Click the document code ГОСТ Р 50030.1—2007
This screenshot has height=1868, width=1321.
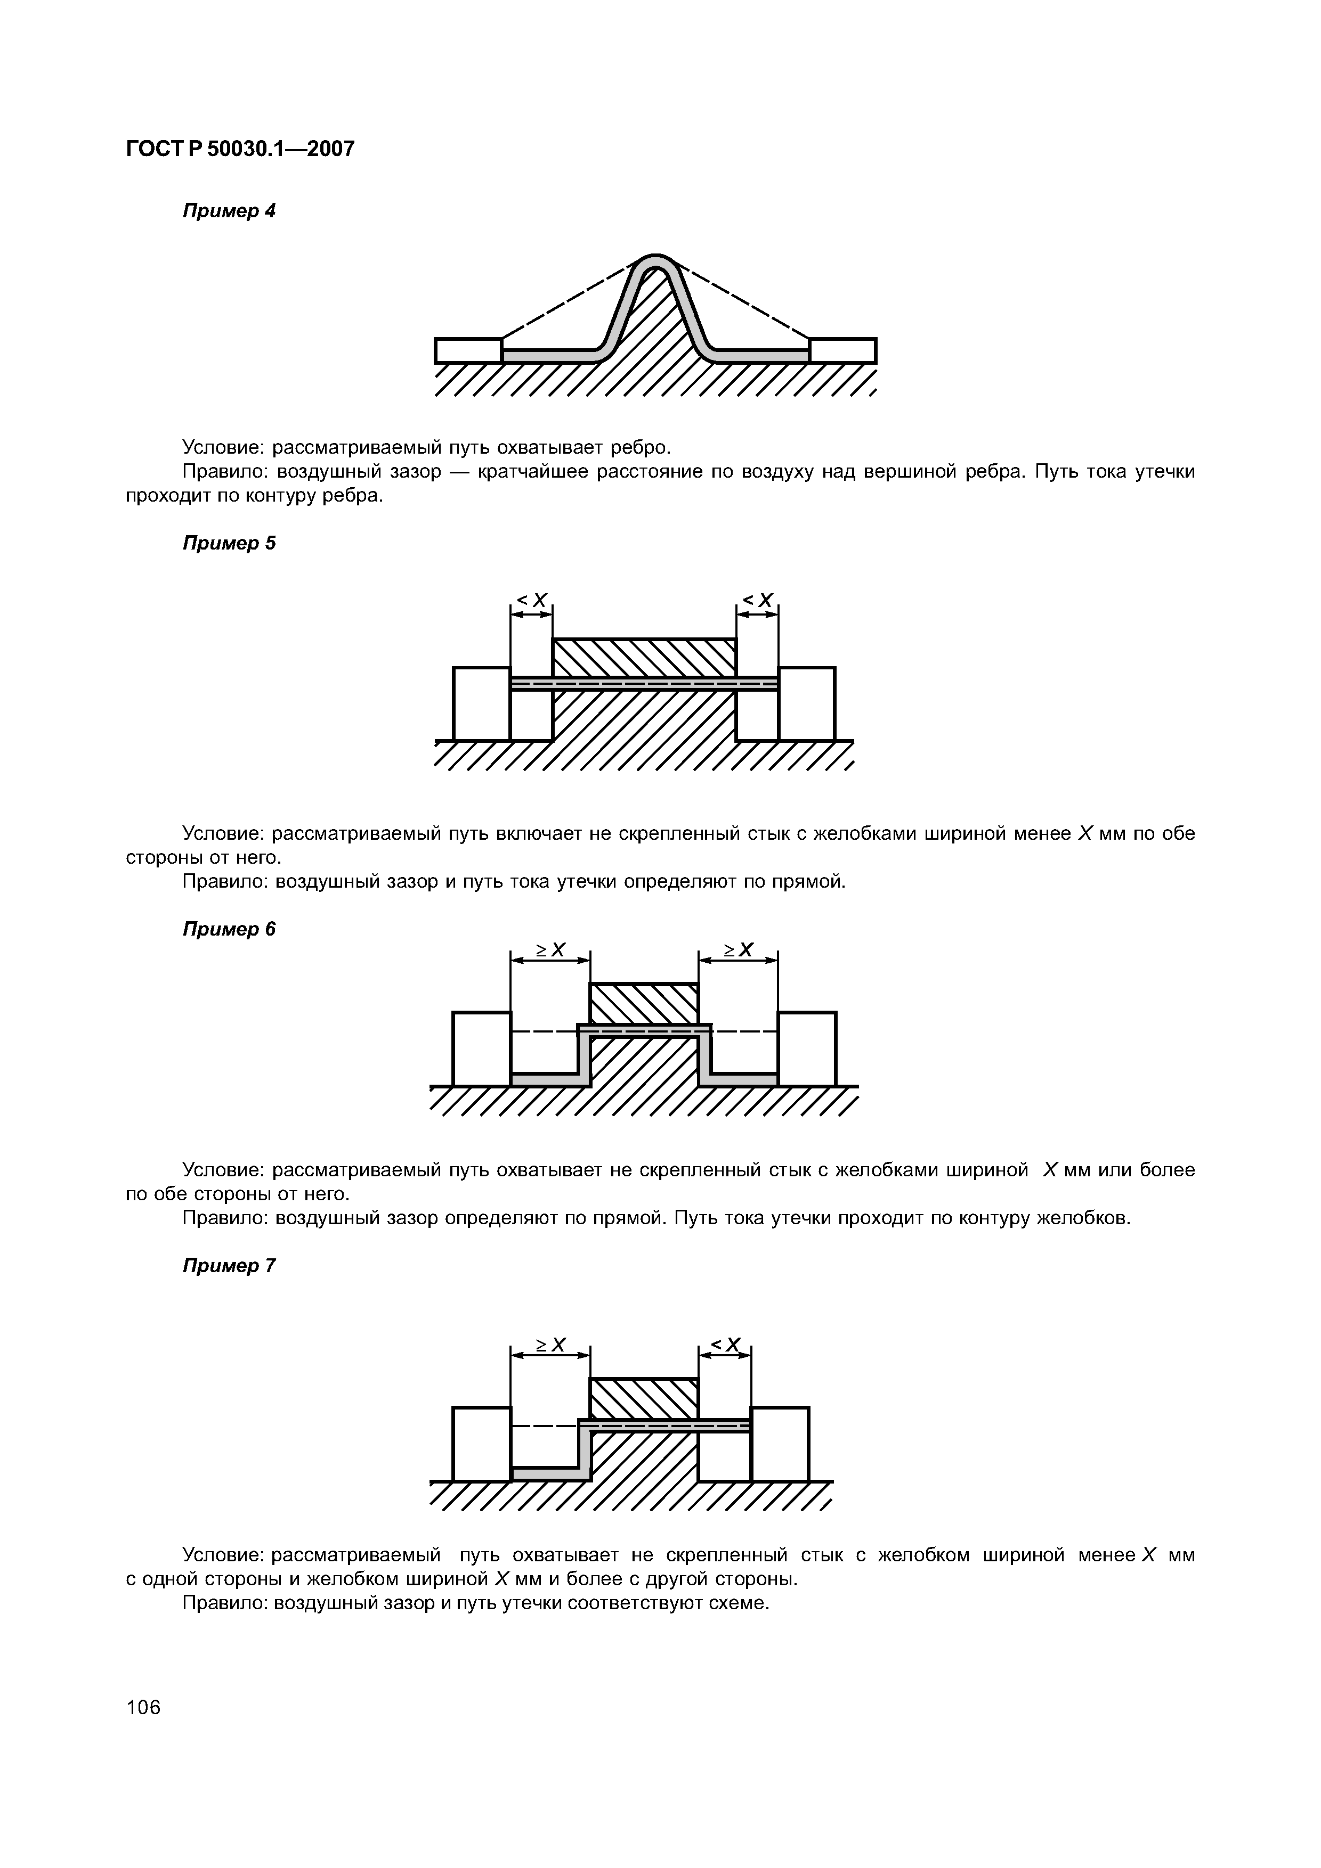[x=240, y=149]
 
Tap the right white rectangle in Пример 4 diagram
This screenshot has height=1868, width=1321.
[x=842, y=351]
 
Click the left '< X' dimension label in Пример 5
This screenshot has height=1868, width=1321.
[x=531, y=601]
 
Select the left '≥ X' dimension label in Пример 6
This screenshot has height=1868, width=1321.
[x=550, y=949]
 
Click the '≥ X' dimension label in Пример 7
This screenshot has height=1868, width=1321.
[x=550, y=1345]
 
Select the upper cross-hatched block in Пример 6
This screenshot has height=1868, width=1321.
[x=644, y=1003]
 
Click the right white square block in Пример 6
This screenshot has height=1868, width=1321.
[x=807, y=1048]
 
